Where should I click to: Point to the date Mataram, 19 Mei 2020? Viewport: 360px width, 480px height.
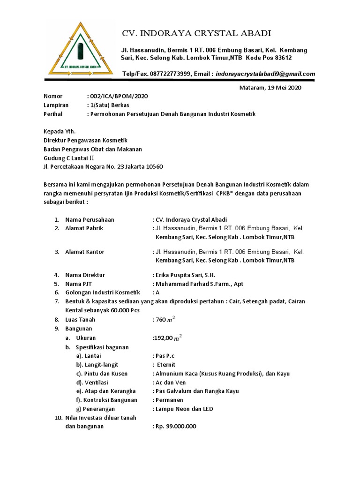[x=270, y=88]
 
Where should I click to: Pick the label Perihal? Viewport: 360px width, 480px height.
[x=53, y=114]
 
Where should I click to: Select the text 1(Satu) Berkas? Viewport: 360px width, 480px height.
[x=109, y=105]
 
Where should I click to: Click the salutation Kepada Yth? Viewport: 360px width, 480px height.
[x=59, y=131]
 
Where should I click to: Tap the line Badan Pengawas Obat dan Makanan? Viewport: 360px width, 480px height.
[x=92, y=149]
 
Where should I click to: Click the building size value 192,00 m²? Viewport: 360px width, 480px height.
[x=167, y=338]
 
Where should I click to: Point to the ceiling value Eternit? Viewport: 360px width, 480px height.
[x=166, y=364]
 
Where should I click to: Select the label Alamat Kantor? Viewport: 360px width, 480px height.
[x=85, y=252]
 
